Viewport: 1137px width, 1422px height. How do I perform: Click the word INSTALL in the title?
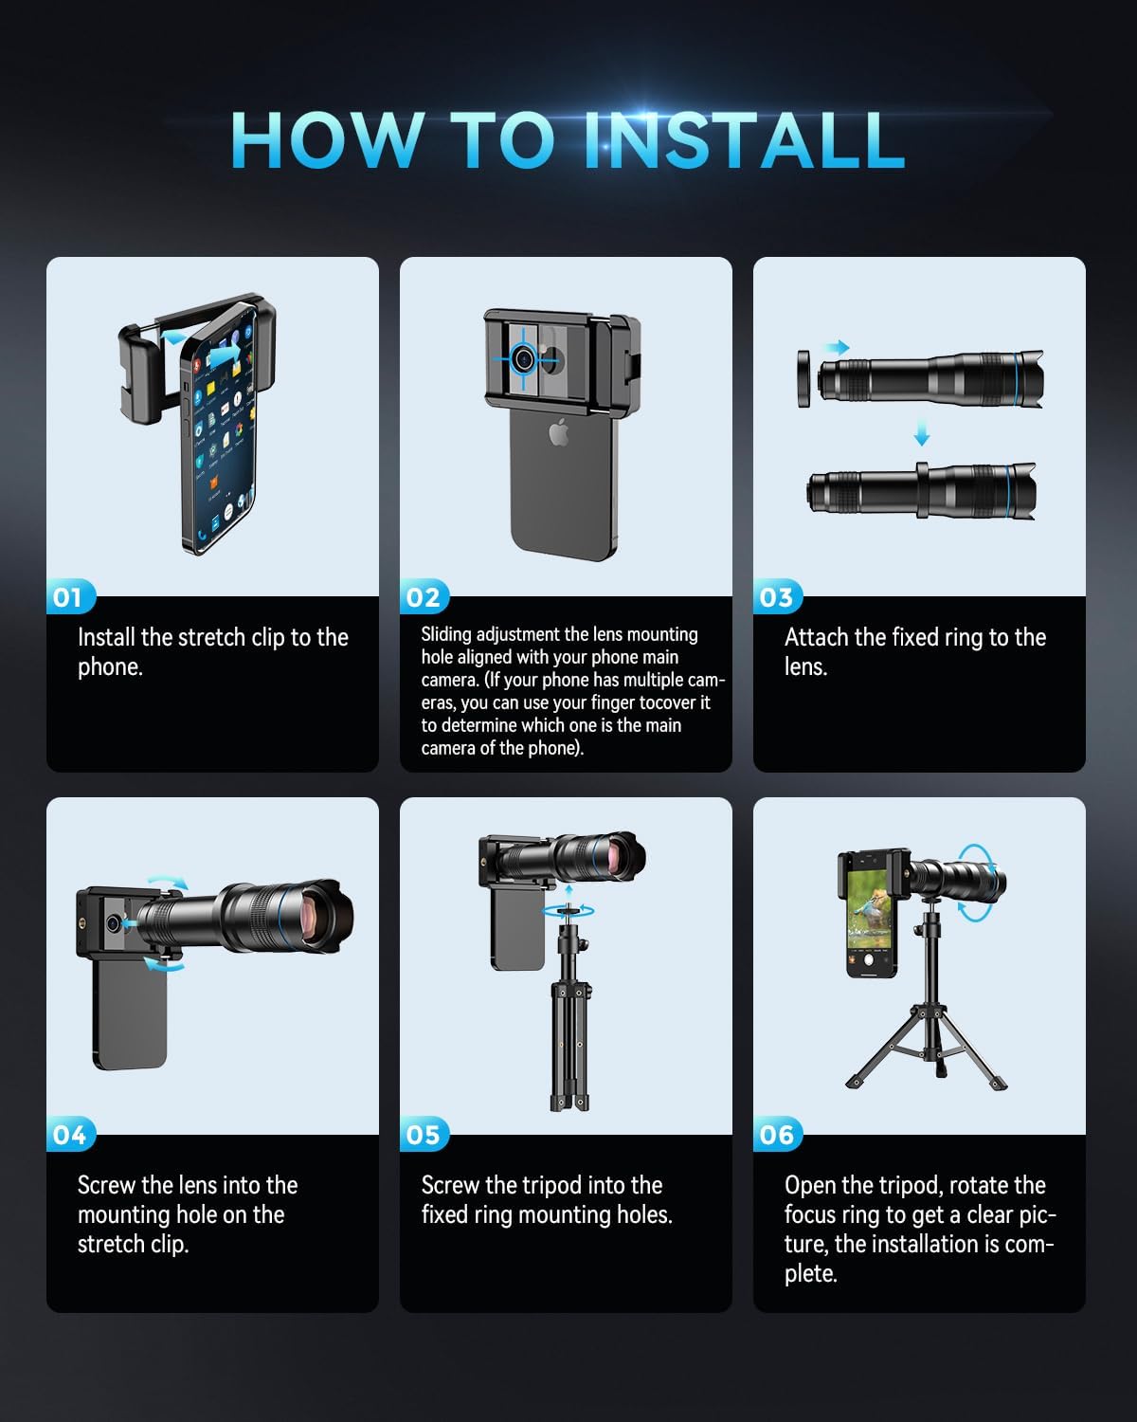pyautogui.click(x=745, y=140)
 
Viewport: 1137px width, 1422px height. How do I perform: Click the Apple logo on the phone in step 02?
pyautogui.click(x=559, y=432)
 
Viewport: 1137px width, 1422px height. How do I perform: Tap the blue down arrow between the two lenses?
pyautogui.click(x=922, y=432)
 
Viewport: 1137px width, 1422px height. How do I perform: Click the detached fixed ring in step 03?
pyautogui.click(x=803, y=378)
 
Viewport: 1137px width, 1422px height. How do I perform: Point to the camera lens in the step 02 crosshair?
pyautogui.click(x=524, y=358)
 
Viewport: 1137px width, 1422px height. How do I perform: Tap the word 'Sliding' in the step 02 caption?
pyautogui.click(x=446, y=635)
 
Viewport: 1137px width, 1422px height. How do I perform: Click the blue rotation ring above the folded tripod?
pyautogui.click(x=568, y=911)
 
